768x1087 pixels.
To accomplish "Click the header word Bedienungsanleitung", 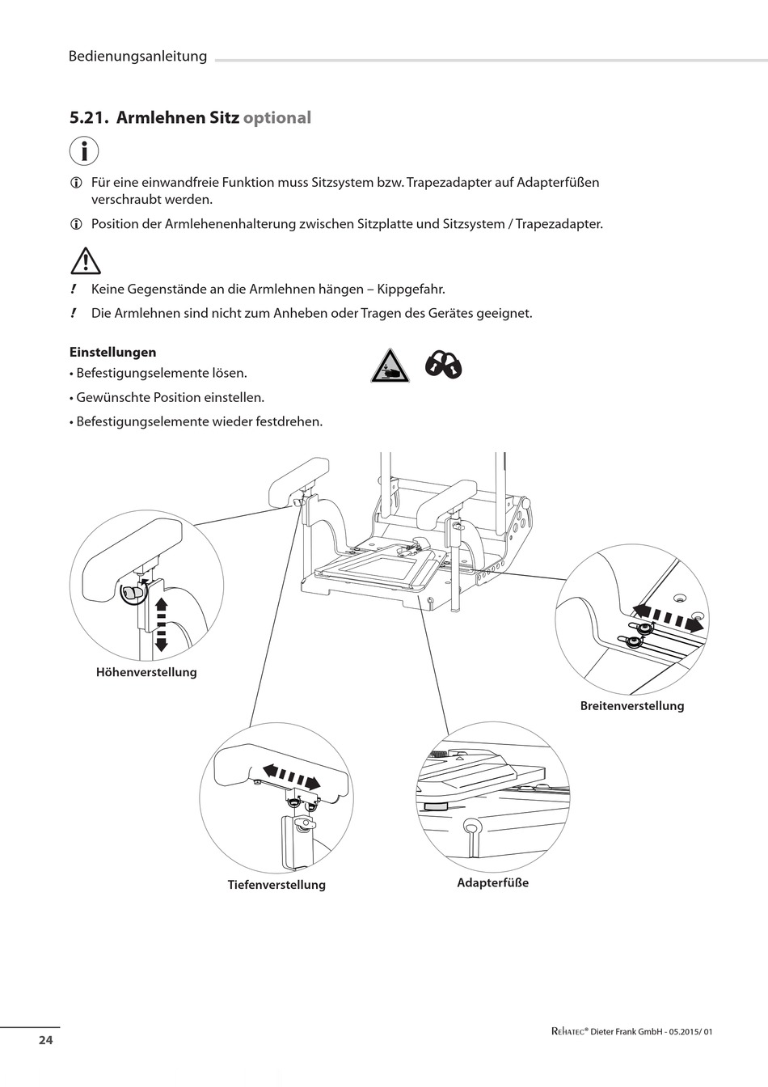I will click(x=137, y=57).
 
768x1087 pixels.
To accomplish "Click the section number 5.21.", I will click(x=88, y=118).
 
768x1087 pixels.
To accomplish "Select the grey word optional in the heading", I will click(x=276, y=118).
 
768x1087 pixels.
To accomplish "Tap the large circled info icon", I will click(x=84, y=151).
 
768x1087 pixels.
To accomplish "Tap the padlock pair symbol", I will click(x=444, y=365).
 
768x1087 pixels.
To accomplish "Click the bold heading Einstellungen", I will click(x=112, y=353).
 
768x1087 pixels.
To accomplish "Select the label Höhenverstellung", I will click(x=146, y=672).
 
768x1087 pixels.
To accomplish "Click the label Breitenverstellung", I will click(x=631, y=706).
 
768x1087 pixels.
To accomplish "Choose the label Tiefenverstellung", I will click(x=276, y=885).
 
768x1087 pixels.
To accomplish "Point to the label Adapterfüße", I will click(x=492, y=883).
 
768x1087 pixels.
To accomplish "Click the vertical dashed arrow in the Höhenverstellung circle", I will click(x=160, y=624).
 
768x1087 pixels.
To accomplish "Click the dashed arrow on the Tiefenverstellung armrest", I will click(x=290, y=776).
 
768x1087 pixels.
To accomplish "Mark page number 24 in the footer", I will click(x=45, y=1040).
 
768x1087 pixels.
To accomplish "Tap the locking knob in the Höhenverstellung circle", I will click(x=132, y=593).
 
